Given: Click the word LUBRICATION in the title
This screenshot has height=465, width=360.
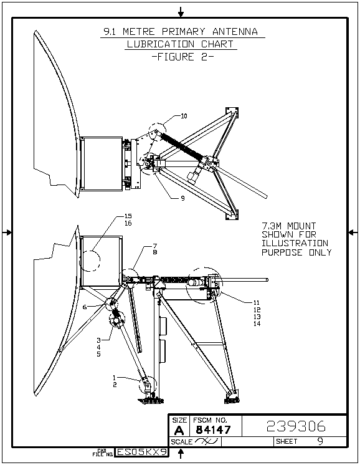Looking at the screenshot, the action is [x=160, y=44].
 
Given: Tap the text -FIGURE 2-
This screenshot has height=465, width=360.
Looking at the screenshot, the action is [x=182, y=57].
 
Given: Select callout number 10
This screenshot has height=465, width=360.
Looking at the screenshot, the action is [x=184, y=116].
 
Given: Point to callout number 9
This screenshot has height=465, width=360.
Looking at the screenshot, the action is [x=183, y=198].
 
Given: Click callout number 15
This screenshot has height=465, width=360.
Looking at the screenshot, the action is [x=128, y=216].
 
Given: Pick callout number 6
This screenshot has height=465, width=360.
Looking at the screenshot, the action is [x=85, y=307].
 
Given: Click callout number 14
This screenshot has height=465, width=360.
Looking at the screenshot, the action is [x=257, y=324].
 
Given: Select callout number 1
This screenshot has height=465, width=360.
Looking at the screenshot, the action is [x=114, y=378].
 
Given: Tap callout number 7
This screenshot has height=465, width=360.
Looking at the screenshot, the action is [x=155, y=246].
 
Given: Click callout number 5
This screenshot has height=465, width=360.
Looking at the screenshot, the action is [x=98, y=354].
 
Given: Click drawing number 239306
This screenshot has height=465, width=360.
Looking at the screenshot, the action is [x=296, y=426].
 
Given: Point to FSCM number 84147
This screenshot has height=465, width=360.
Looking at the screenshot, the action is [x=214, y=429].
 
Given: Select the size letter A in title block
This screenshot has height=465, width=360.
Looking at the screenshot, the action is [x=179, y=430].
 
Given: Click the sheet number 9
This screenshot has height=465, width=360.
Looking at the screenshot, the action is [x=320, y=441].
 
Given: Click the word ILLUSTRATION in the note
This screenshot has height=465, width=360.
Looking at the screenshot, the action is [x=295, y=244].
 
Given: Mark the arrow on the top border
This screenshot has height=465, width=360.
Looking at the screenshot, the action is [x=181, y=12].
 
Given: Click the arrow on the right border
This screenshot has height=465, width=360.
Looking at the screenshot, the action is [x=353, y=232].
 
